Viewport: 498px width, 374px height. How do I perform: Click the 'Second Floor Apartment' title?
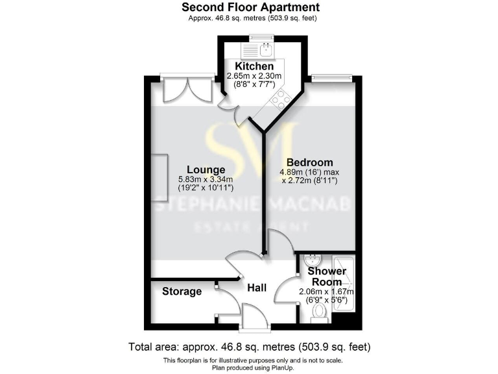click(x=250, y=7)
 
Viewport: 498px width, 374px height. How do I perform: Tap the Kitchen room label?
click(x=254, y=66)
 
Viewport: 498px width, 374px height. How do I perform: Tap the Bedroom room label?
click(x=310, y=162)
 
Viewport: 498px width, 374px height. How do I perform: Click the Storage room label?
click(x=182, y=292)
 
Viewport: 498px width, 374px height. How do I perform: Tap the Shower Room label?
click(x=324, y=276)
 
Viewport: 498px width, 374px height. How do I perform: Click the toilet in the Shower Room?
click(x=318, y=313)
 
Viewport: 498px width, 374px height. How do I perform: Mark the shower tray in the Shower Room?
click(x=343, y=286)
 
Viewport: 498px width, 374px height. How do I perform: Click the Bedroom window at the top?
click(x=331, y=78)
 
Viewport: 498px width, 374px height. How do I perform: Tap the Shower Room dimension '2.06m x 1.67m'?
click(x=326, y=292)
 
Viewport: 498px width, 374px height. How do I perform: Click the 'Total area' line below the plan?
click(x=250, y=346)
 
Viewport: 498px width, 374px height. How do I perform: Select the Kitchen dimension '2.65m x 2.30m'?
click(x=254, y=76)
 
